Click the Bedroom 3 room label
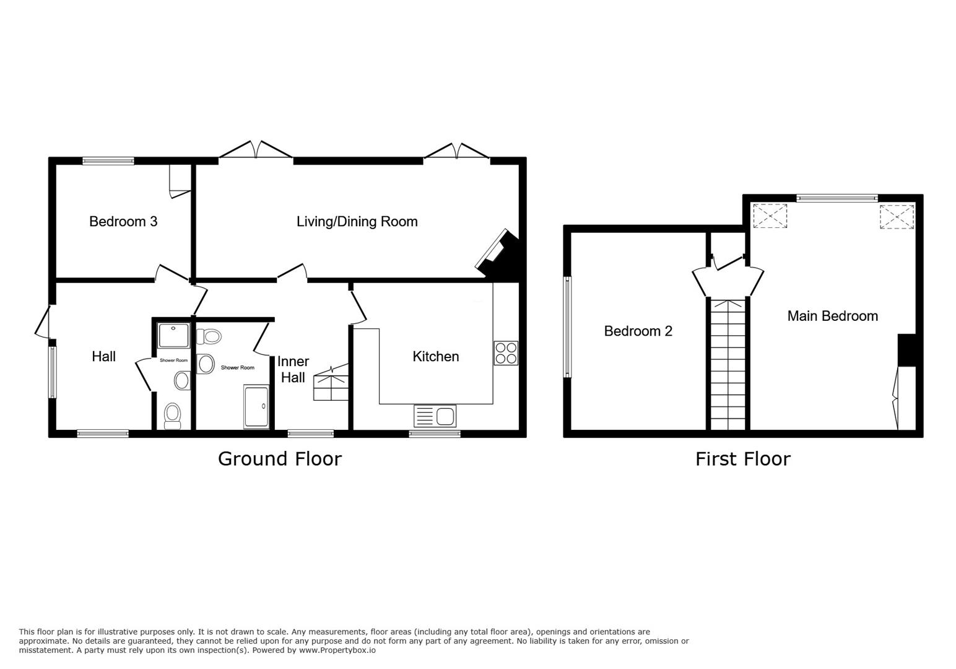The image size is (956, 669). [x=123, y=222]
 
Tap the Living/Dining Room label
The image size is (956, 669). [x=357, y=222]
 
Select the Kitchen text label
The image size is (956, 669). [x=435, y=356]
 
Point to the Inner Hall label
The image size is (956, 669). [x=293, y=369]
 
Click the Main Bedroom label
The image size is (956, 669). [x=832, y=316]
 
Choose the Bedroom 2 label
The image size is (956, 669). [x=638, y=331]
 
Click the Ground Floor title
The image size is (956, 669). [x=279, y=459]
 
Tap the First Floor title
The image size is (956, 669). [x=742, y=459]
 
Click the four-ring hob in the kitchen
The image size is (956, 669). [x=506, y=353]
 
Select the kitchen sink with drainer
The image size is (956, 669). [x=435, y=416]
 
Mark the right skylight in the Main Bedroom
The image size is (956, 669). [x=897, y=216]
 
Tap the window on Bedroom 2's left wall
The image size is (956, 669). [x=567, y=326]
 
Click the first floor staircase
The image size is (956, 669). [x=728, y=365]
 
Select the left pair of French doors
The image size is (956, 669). [x=256, y=152]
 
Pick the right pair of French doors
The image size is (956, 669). [x=457, y=152]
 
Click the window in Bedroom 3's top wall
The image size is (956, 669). [x=108, y=161]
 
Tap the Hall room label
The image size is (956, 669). [x=103, y=356]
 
